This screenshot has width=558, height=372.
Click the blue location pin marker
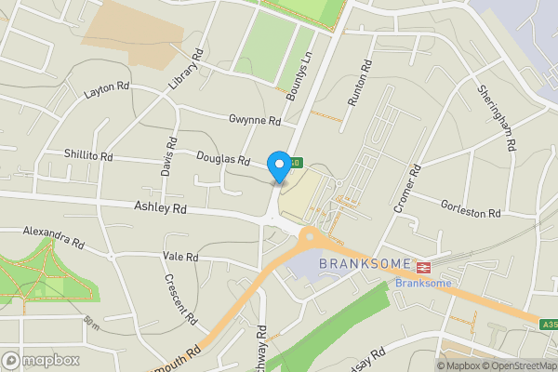(x=278, y=166)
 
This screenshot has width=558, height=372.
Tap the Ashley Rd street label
(x=160, y=209)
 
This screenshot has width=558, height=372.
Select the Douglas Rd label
(x=223, y=160)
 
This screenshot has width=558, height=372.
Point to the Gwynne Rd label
(x=255, y=121)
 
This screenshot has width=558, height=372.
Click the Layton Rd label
(x=106, y=88)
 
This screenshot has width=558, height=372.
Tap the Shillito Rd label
(x=88, y=155)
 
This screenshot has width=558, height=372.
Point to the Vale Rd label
(x=180, y=257)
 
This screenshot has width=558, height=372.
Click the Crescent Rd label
(x=180, y=299)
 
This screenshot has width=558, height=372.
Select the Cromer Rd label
(x=407, y=190)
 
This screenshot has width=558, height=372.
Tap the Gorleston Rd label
(x=471, y=213)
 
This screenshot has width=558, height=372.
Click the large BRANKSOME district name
(x=365, y=263)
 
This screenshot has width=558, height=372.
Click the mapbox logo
(x=40, y=360)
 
